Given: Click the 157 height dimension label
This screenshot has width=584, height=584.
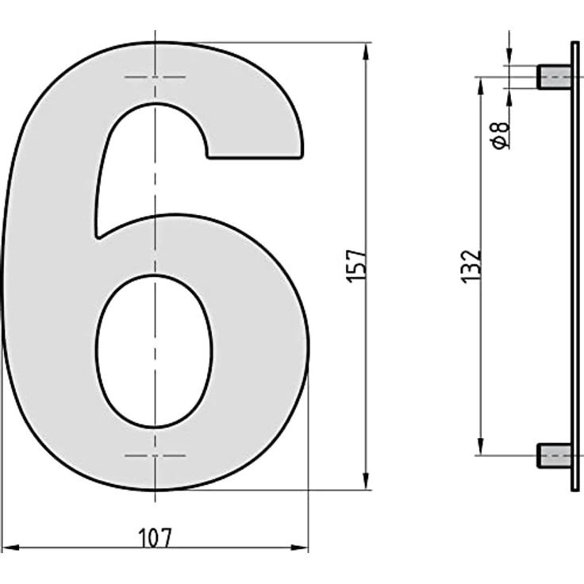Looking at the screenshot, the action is [x=356, y=266].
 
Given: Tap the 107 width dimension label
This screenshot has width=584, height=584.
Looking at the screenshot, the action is [x=156, y=538].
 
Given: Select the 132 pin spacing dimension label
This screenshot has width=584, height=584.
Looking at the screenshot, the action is [x=471, y=267].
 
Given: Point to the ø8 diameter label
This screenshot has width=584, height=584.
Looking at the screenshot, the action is [x=501, y=135].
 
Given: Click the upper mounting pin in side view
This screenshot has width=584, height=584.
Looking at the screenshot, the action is [x=554, y=78].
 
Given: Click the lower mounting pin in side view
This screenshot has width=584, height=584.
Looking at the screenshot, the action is [x=554, y=455].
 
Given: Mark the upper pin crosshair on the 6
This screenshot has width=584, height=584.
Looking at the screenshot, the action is [x=156, y=77].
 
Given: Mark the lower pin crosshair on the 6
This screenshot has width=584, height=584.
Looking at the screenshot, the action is [x=156, y=455].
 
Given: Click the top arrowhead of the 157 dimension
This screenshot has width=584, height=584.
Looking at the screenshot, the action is [x=366, y=52].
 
